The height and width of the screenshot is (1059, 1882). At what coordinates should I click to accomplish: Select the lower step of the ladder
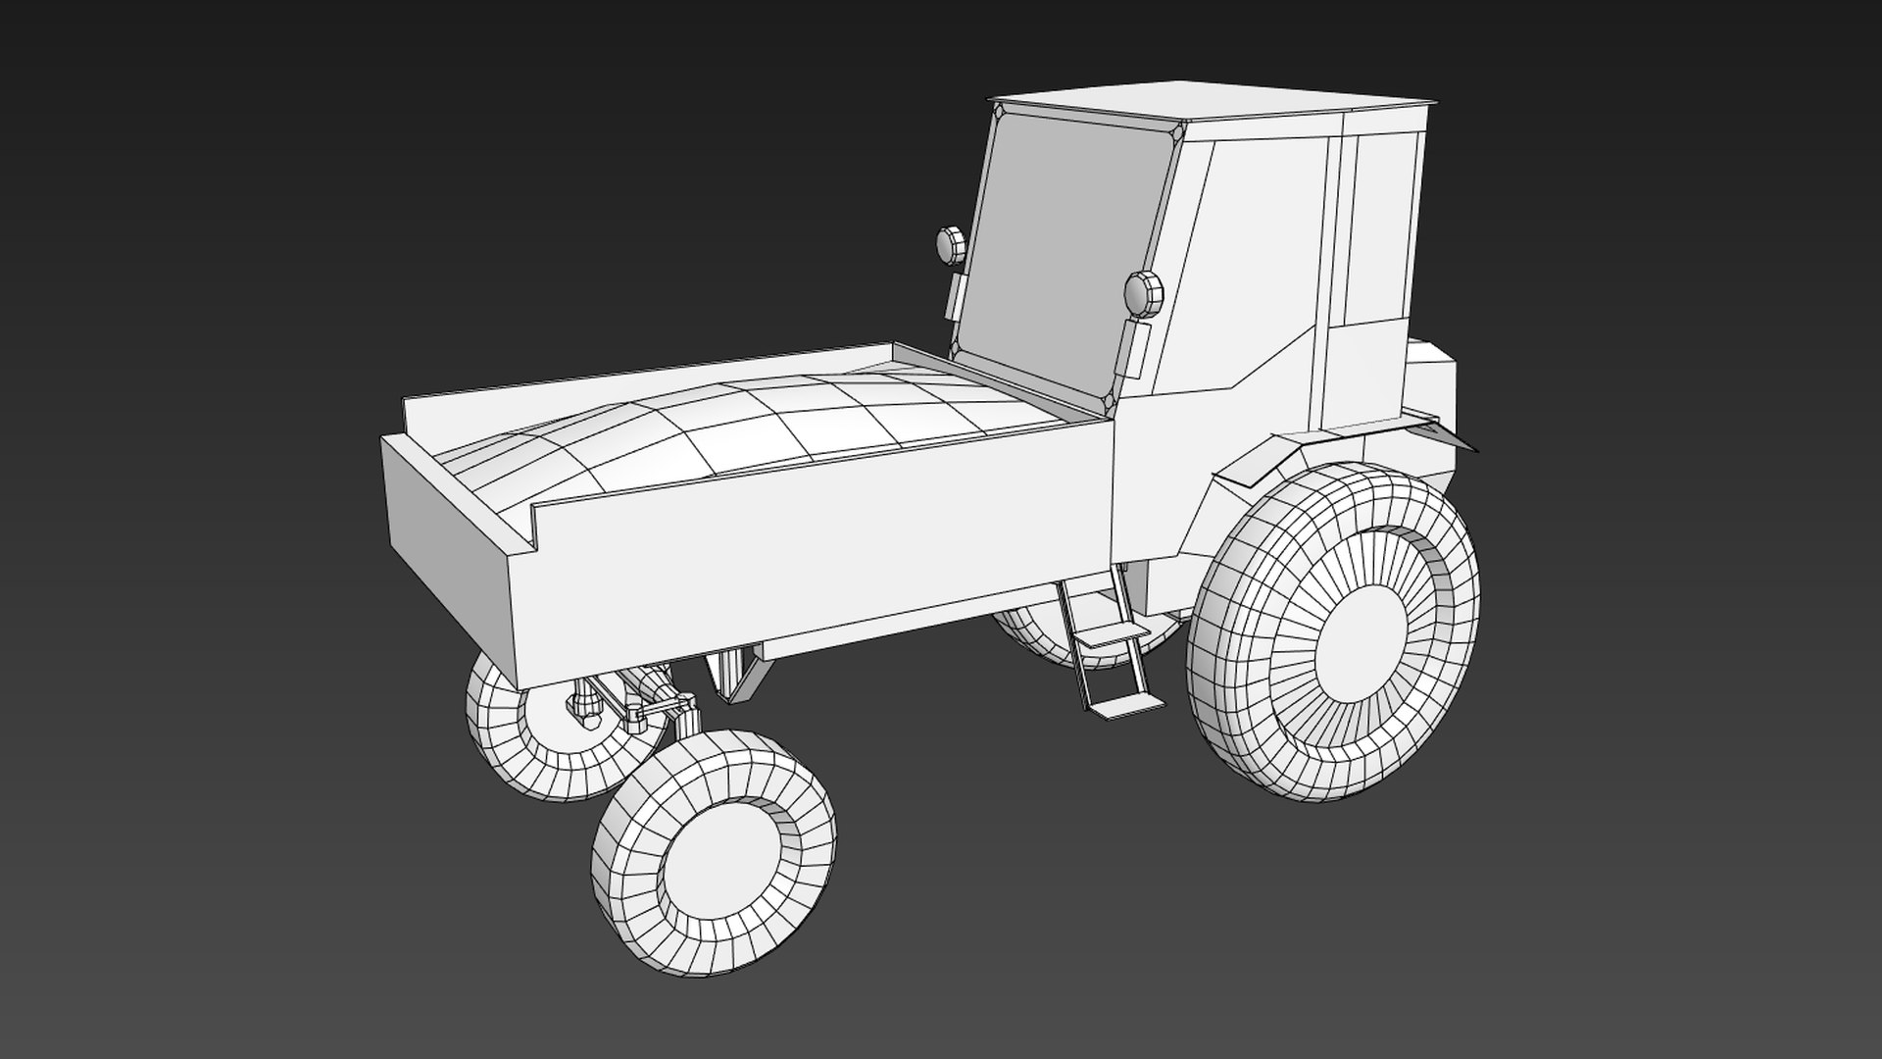1122,706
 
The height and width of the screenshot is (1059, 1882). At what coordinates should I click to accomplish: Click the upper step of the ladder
1108,636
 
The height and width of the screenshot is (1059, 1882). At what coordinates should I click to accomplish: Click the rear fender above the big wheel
1264,461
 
